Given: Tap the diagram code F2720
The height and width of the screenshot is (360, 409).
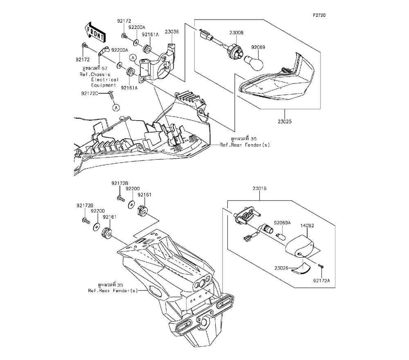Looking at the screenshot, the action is pyautogui.click(x=319, y=16).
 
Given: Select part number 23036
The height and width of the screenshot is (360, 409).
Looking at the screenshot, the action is pyautogui.click(x=172, y=32).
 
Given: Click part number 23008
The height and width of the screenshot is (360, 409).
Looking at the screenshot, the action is pyautogui.click(x=236, y=33).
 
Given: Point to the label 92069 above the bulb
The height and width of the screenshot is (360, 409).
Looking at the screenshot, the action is pyautogui.click(x=258, y=47).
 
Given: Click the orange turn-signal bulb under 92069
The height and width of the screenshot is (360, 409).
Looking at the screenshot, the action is pyautogui.click(x=254, y=62).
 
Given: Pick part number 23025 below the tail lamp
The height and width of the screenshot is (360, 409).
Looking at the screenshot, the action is pyautogui.click(x=285, y=122).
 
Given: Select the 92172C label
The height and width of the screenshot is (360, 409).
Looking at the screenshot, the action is pyautogui.click(x=90, y=93).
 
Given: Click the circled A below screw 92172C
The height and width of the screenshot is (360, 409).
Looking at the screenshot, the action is pyautogui.click(x=116, y=107).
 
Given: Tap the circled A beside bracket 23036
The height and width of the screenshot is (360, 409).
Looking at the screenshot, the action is pyautogui.click(x=133, y=57).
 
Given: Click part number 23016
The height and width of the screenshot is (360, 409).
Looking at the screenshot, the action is pyautogui.click(x=260, y=188).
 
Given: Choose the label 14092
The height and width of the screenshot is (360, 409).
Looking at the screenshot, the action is pyautogui.click(x=307, y=226).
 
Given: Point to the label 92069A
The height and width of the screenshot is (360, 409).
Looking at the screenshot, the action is pyautogui.click(x=282, y=223).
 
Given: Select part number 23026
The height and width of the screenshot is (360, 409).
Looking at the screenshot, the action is pyautogui.click(x=281, y=268).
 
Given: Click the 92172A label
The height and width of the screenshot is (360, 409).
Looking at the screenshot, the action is pyautogui.click(x=321, y=281).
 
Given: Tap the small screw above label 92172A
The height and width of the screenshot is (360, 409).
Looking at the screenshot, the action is pyautogui.click(x=321, y=266).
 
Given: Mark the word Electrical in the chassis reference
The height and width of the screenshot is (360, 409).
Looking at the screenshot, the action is pyautogui.click(x=105, y=80).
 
